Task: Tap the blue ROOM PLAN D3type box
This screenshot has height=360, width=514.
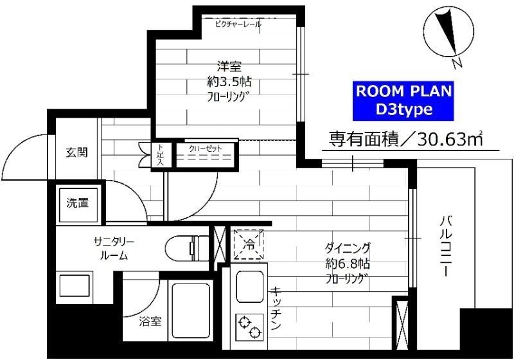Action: pos(404,100)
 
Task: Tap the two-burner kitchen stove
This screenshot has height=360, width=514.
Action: pos(249,325)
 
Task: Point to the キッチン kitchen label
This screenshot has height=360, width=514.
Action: pos(276,308)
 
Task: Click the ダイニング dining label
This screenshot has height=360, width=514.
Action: pos(348,248)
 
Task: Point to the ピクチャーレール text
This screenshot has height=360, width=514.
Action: pos(238,24)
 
